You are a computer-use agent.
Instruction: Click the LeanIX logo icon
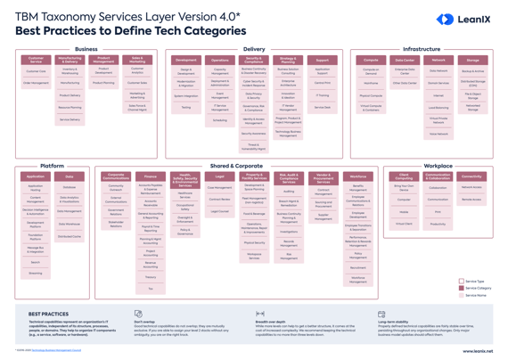coord(445,19)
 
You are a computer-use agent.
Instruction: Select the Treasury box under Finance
coord(151,277)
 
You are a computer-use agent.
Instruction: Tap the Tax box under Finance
coord(151,289)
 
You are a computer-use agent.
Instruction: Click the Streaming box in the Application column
coord(36,274)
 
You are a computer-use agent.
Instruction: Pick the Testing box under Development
coord(186,108)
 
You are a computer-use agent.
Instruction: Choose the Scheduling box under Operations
coord(219,120)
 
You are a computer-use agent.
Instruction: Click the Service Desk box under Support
coord(322,107)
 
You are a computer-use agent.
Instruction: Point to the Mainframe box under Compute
coord(371,83)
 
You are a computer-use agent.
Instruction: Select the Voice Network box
coord(438,134)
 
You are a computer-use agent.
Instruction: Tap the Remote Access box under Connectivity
coord(471,200)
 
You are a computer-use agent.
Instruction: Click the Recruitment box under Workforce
coord(357,267)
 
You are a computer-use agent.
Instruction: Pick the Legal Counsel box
coord(219,212)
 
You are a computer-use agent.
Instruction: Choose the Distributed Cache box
coord(70,237)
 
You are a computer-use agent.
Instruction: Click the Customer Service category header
coord(36,61)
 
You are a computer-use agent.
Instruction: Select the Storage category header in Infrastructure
coord(472,61)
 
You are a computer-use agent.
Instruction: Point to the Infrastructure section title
coord(422,50)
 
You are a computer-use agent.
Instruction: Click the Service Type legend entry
coord(474,282)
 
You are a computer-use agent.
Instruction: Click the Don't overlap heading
coord(145,323)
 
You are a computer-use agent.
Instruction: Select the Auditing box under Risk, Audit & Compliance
coord(289,191)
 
